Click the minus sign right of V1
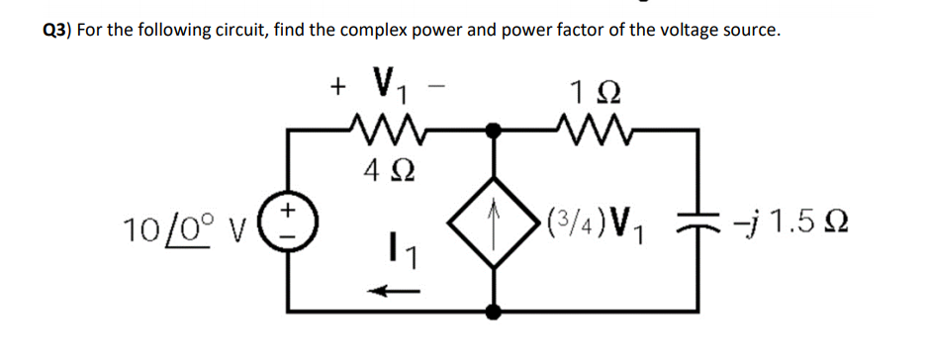(x=437, y=87)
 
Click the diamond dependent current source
(x=494, y=221)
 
